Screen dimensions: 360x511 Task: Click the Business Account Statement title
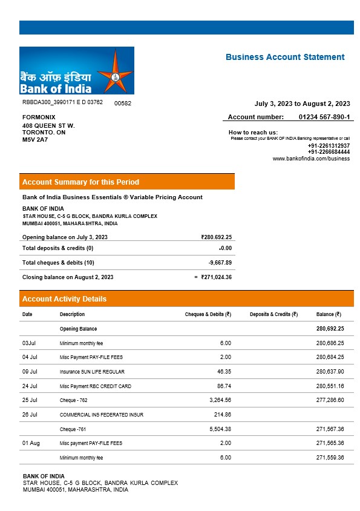pos(285,57)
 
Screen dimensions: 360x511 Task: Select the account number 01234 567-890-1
pos(324,117)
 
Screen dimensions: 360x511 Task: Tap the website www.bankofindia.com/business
pos(311,159)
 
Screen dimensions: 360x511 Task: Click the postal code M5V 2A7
pos(35,140)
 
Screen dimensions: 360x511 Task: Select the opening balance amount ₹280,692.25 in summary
pos(216,237)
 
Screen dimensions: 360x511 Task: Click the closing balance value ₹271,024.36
pos(216,277)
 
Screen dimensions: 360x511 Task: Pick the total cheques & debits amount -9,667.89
pos(220,263)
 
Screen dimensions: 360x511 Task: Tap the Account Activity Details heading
pos(64,299)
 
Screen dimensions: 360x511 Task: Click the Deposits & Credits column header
pos(273,314)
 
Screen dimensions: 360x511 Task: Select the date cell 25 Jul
pos(30,400)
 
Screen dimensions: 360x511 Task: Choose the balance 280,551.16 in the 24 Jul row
pos(330,386)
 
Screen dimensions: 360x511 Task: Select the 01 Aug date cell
pos(31,443)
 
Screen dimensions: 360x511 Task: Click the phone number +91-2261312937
pos(329,146)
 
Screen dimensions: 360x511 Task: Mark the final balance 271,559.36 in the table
pos(330,458)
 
